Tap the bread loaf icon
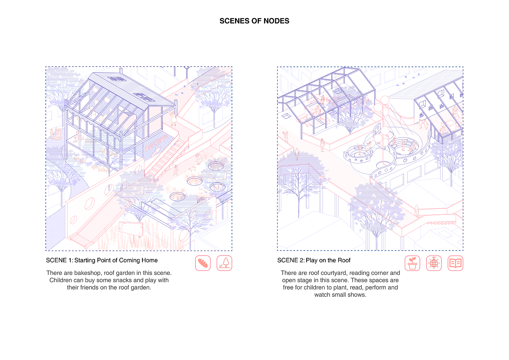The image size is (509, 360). click(x=203, y=263)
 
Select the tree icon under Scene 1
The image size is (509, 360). click(x=224, y=263)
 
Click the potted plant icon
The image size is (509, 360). click(x=412, y=263)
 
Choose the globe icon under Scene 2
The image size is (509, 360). click(x=434, y=263)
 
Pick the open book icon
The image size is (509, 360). click(x=455, y=263)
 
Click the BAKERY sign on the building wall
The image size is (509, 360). click(x=156, y=143)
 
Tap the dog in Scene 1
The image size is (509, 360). click(x=192, y=169)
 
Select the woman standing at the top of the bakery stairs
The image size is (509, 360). click(x=173, y=118)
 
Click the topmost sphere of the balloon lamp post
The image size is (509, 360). click(x=385, y=100)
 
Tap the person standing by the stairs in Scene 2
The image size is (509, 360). click(x=417, y=211)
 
